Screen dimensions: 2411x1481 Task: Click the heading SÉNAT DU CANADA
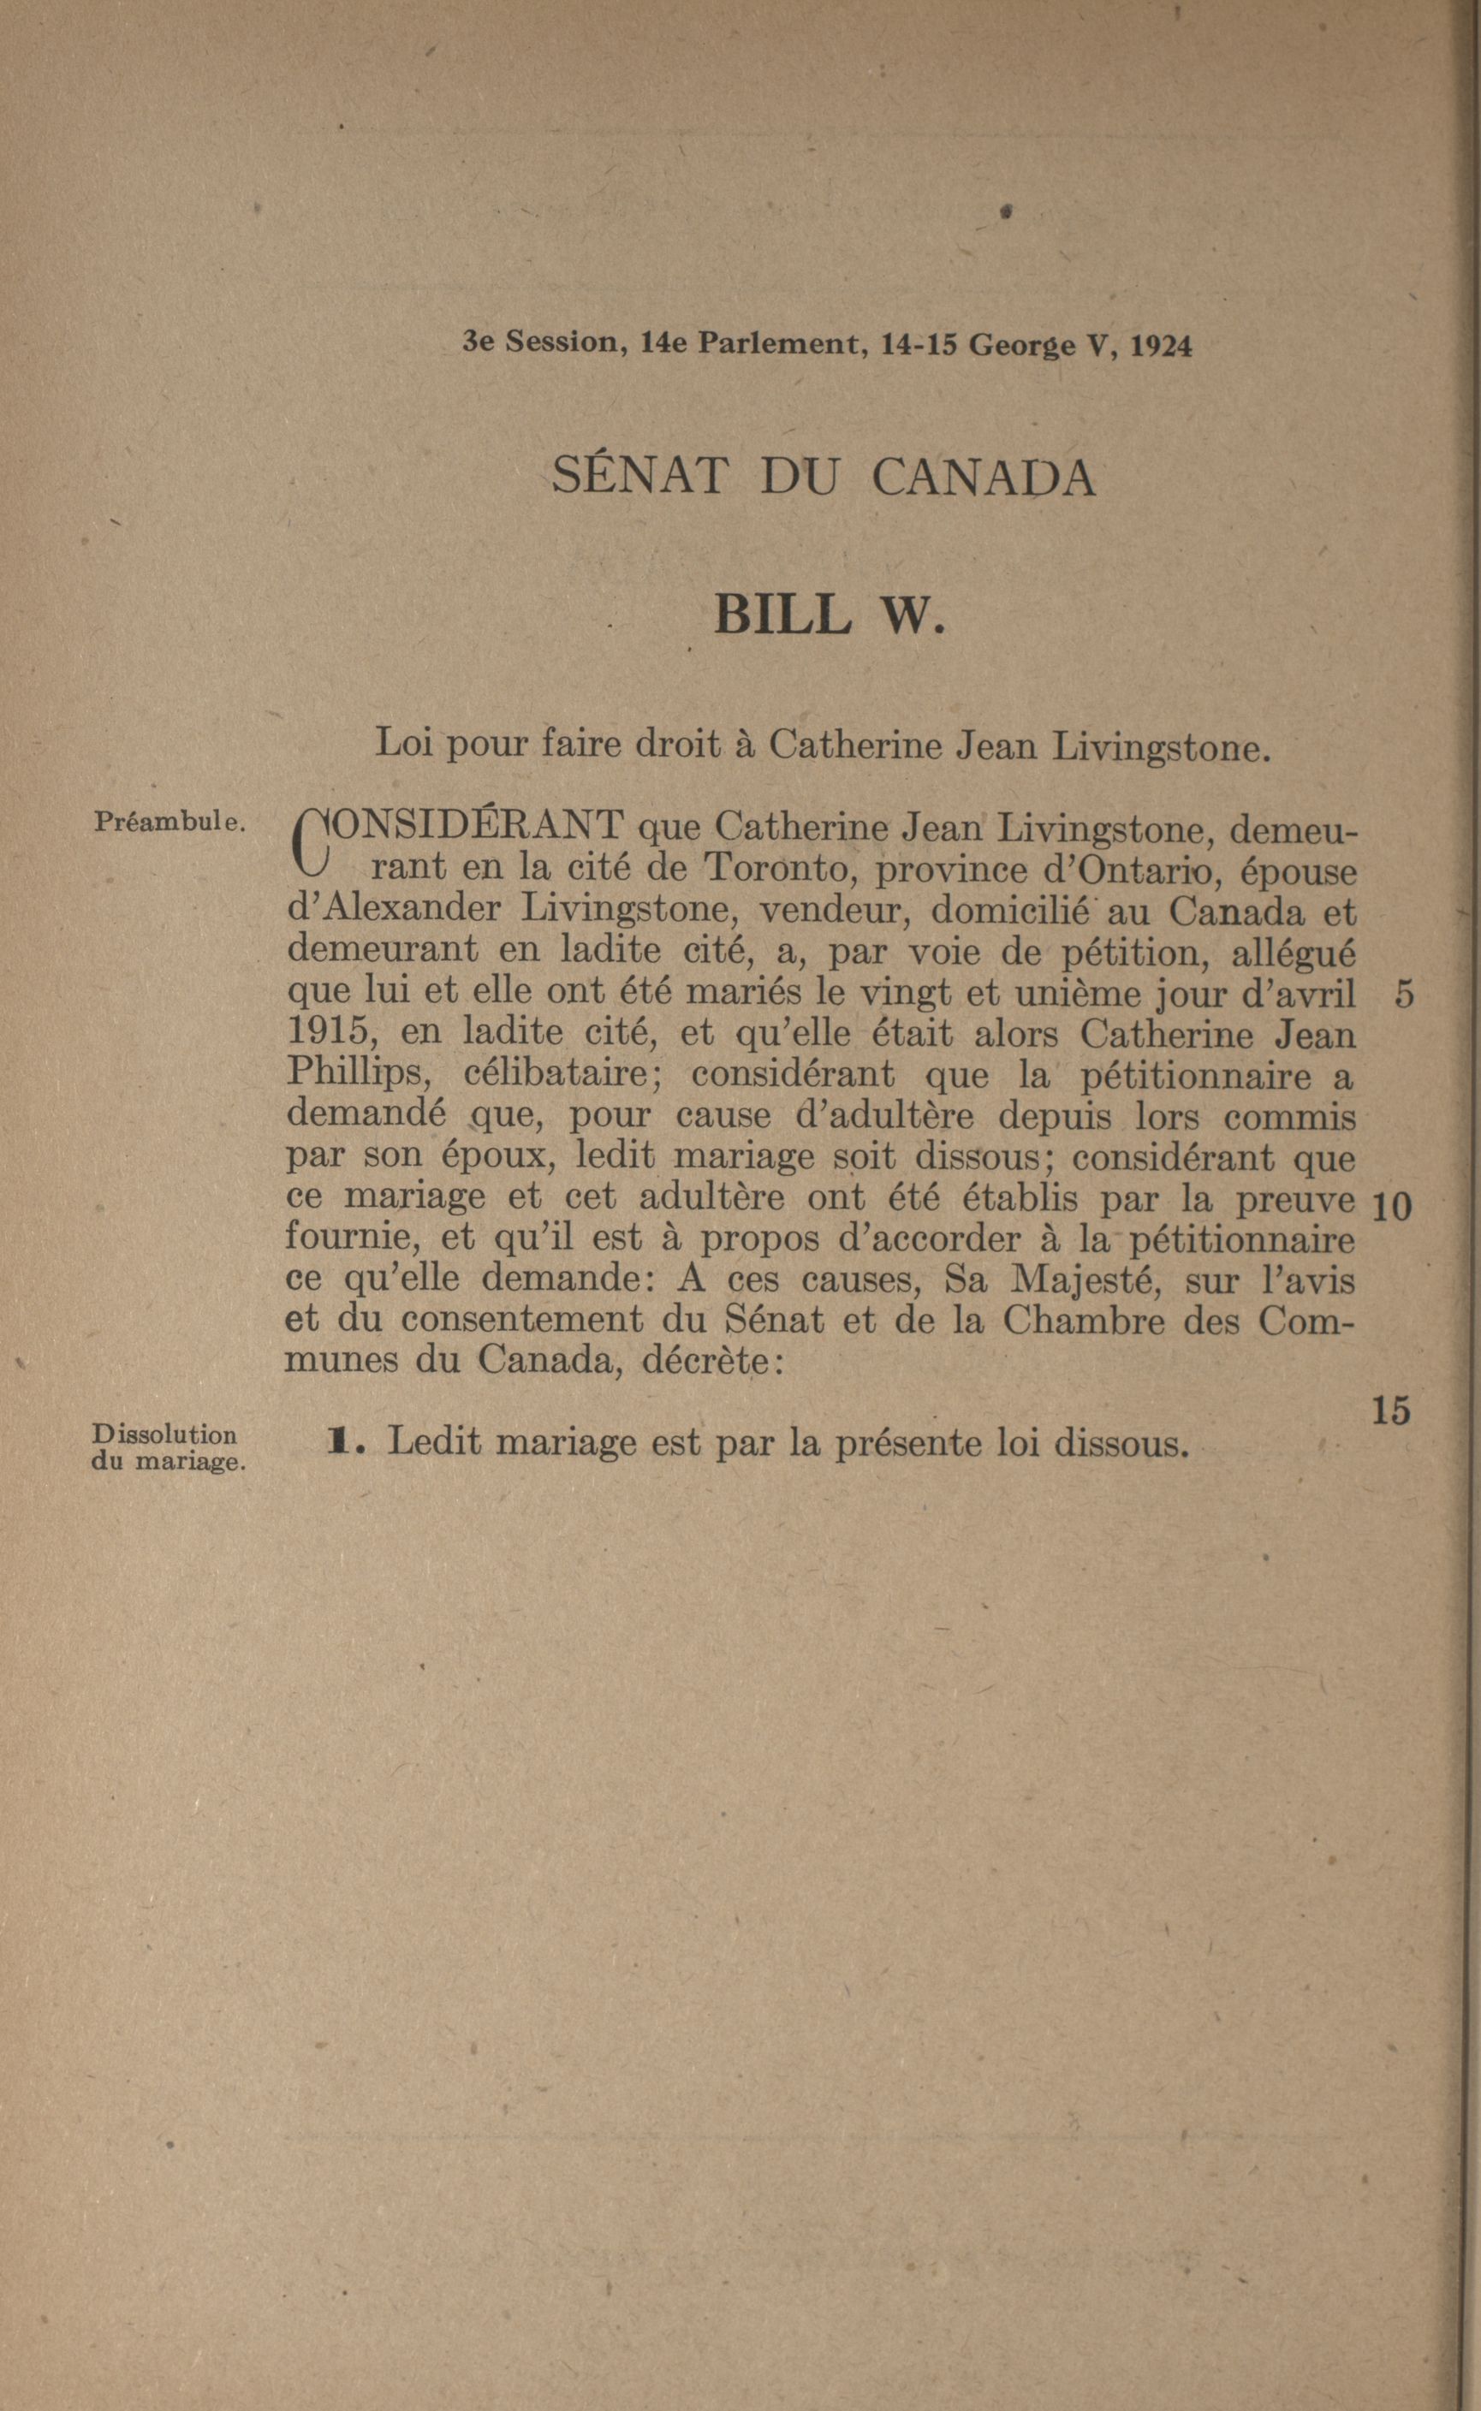(824, 478)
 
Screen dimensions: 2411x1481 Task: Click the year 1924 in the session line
(1161, 347)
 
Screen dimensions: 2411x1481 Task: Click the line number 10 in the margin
(1391, 1208)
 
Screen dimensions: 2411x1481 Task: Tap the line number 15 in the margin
(1391, 1411)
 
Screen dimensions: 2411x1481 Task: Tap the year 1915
(324, 1034)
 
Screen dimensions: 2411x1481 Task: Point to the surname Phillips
(360, 1075)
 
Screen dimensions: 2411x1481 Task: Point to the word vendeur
(835, 911)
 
